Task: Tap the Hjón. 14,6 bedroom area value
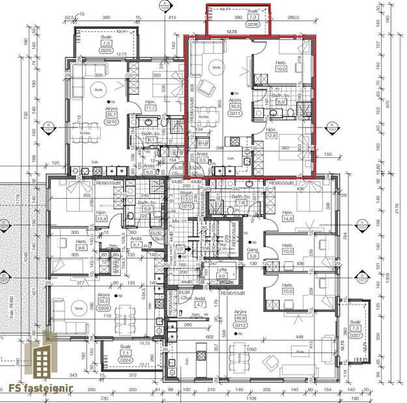tap(288, 219)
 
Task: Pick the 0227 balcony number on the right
tap(372, 337)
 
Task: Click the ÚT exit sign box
tap(178, 248)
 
